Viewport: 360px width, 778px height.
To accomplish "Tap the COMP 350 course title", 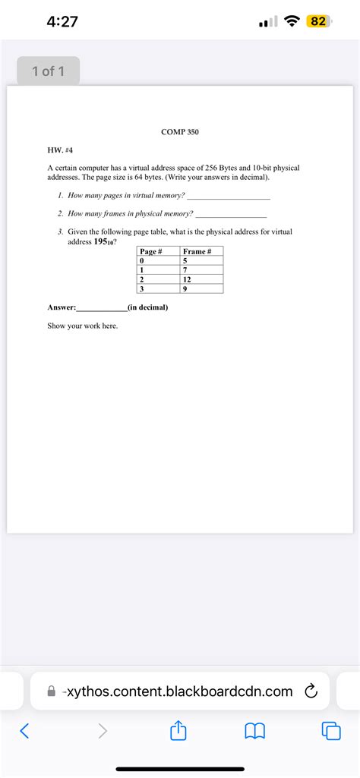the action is pyautogui.click(x=180, y=132).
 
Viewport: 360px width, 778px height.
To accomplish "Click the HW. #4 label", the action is pyautogui.click(x=60, y=150).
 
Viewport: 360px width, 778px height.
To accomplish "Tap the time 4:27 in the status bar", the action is pyautogui.click(x=62, y=22).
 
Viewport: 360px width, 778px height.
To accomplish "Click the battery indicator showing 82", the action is pyautogui.click(x=317, y=22).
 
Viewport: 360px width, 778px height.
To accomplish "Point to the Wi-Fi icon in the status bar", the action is pyautogui.click(x=291, y=22).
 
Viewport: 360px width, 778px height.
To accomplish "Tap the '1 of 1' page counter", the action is pyautogui.click(x=49, y=71).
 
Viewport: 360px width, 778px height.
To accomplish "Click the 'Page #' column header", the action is pyautogui.click(x=151, y=251).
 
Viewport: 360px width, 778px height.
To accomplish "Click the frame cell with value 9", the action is pyautogui.click(x=185, y=288).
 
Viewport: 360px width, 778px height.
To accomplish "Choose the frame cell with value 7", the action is pyautogui.click(x=185, y=270).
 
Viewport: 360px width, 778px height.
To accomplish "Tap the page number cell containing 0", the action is pyautogui.click(x=142, y=261).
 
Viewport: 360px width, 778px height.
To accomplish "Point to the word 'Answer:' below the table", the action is pyautogui.click(x=62, y=307).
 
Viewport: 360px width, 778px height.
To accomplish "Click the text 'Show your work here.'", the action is pyautogui.click(x=83, y=326).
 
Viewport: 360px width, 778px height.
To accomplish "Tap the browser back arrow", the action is pyautogui.click(x=25, y=731).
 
